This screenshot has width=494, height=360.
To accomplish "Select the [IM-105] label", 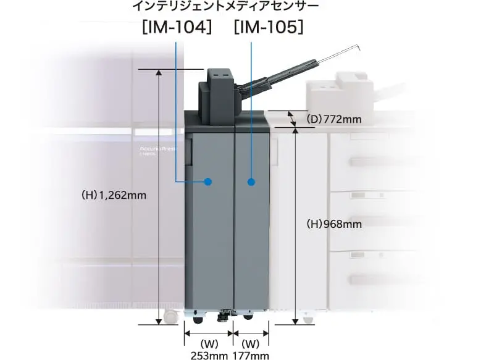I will pos(269,28).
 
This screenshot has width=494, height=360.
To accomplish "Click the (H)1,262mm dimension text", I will pos(114,195).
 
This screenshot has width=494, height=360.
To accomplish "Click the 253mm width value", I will pos(209,355).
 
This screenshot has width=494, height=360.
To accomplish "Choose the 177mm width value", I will pos(251,355).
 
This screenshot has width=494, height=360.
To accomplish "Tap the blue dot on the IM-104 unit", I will pos(208,182).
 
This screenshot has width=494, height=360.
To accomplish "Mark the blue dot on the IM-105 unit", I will pos(251,182).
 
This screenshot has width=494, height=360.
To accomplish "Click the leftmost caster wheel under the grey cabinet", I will pos(196,320).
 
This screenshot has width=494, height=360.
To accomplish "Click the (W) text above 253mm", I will pos(209,343).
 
